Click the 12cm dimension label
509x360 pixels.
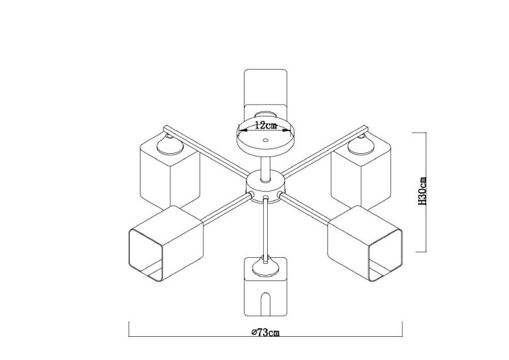click(266, 125)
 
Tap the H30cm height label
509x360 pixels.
click(422, 191)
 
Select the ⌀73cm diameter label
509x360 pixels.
click(266, 332)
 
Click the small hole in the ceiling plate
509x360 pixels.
click(266, 141)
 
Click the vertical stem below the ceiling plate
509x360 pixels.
click(266, 168)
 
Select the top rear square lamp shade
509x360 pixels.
click(266, 94)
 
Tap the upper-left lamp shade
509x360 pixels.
click(170, 170)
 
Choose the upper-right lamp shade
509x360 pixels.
click(361, 170)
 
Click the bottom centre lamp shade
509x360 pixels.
click(266, 286)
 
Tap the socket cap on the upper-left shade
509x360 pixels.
click(170, 145)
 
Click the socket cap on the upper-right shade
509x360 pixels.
click(361, 145)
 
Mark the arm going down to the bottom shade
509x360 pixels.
click(266, 229)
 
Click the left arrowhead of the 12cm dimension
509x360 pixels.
click(243, 131)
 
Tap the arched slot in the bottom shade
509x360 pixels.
click(266, 304)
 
